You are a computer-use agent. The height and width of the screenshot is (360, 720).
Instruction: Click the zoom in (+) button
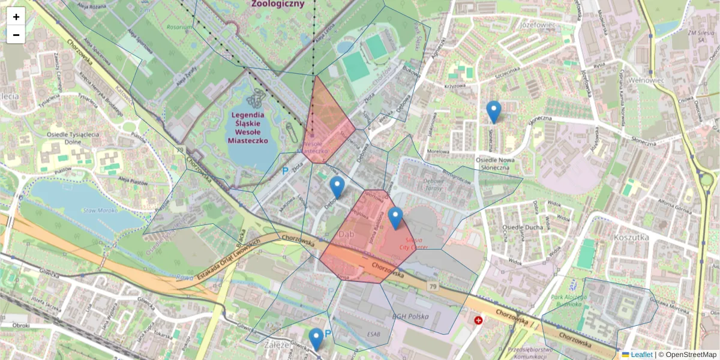click(x=16, y=17)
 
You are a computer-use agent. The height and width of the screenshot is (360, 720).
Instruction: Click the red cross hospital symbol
click(x=478, y=320)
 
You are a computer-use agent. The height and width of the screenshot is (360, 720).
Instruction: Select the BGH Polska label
click(x=409, y=316)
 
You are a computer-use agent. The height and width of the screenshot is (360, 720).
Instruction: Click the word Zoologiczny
click(x=278, y=4)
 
